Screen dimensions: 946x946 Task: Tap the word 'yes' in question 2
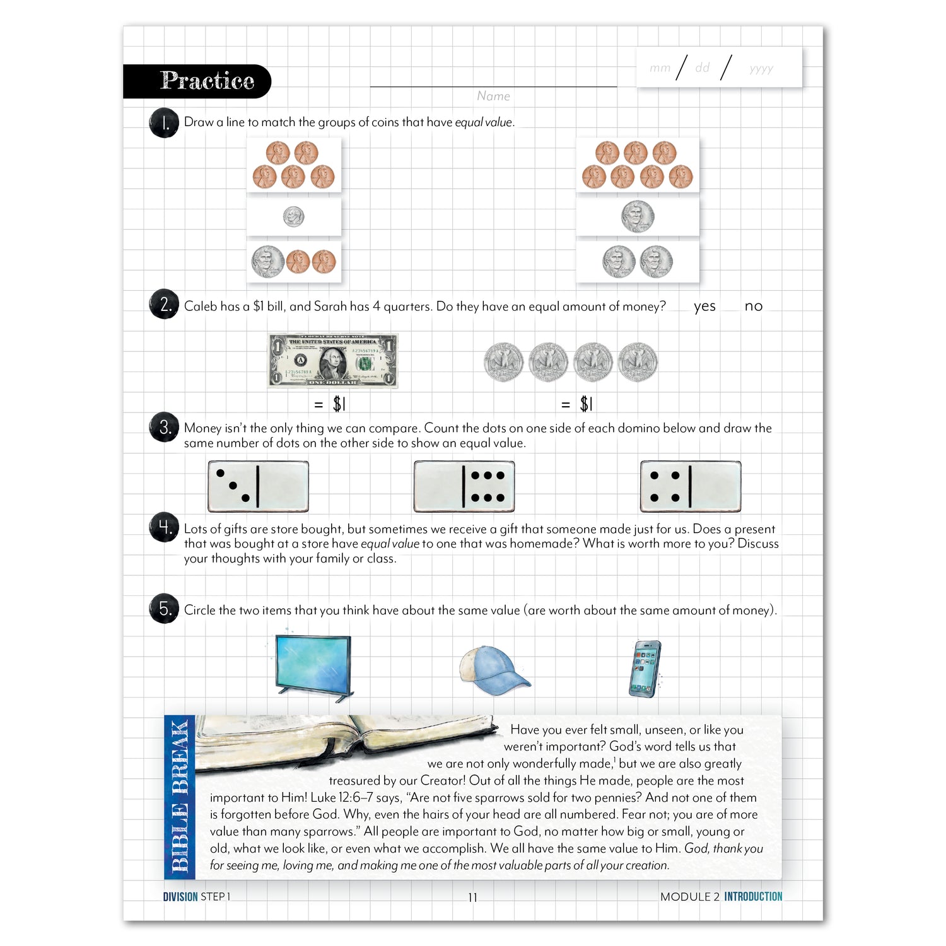[x=704, y=307]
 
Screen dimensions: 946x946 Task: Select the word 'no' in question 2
[x=753, y=307]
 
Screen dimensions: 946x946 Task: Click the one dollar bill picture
[x=333, y=361]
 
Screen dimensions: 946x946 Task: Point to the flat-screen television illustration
[x=313, y=667]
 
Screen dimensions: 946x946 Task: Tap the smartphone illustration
[x=645, y=669]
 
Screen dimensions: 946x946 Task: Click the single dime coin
[x=293, y=217]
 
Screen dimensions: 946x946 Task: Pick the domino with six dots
[x=464, y=486]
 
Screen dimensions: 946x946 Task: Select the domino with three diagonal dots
[x=258, y=486]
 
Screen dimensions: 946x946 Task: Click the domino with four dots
[x=691, y=486]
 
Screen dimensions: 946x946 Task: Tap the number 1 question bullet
[x=164, y=123]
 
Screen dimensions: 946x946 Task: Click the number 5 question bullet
[x=164, y=609]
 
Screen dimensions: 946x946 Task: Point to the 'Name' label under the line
[x=493, y=96]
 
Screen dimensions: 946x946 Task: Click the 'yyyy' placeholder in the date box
[x=761, y=69]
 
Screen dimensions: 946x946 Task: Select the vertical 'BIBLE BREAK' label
[x=180, y=797]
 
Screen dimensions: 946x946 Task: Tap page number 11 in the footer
[x=473, y=897]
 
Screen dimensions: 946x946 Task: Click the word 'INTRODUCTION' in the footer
[x=753, y=897]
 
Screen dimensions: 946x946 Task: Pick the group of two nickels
[x=638, y=262]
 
